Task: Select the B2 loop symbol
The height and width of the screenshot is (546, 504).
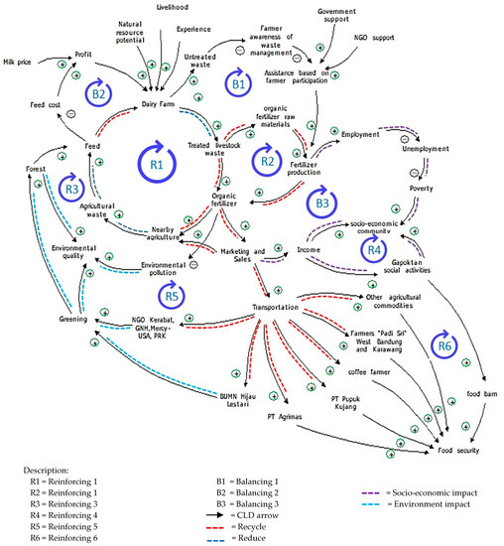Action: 99,92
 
